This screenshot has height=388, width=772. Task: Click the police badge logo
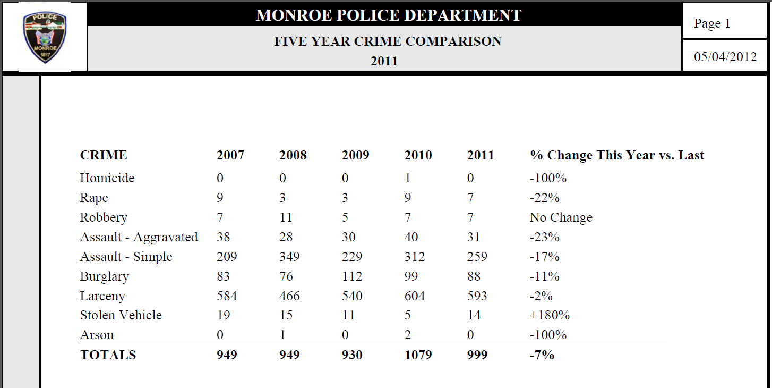point(45,37)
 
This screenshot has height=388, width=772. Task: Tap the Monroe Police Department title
point(389,15)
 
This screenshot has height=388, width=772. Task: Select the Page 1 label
point(712,23)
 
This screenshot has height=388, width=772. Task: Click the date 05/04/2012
point(725,56)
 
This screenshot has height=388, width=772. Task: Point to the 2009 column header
point(355,155)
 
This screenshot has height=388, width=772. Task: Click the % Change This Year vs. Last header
point(617,156)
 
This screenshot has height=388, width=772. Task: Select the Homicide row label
point(107,178)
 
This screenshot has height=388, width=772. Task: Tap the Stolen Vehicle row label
point(121,315)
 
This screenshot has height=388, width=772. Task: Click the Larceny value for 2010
point(415,296)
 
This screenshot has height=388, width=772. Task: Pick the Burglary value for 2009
point(352,276)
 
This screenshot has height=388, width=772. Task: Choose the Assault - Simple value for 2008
point(289,257)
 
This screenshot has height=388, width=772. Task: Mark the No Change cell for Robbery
point(561,217)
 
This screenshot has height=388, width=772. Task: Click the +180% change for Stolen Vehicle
point(550,315)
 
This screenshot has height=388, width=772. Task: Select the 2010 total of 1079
point(418,355)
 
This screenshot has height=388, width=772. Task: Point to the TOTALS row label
point(108,355)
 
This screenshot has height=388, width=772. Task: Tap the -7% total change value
point(542,355)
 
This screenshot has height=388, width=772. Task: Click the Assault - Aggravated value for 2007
point(224,237)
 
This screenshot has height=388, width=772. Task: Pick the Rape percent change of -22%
point(545,198)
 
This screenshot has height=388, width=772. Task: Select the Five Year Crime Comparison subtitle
point(388,41)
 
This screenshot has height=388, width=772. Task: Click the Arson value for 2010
point(408,335)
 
